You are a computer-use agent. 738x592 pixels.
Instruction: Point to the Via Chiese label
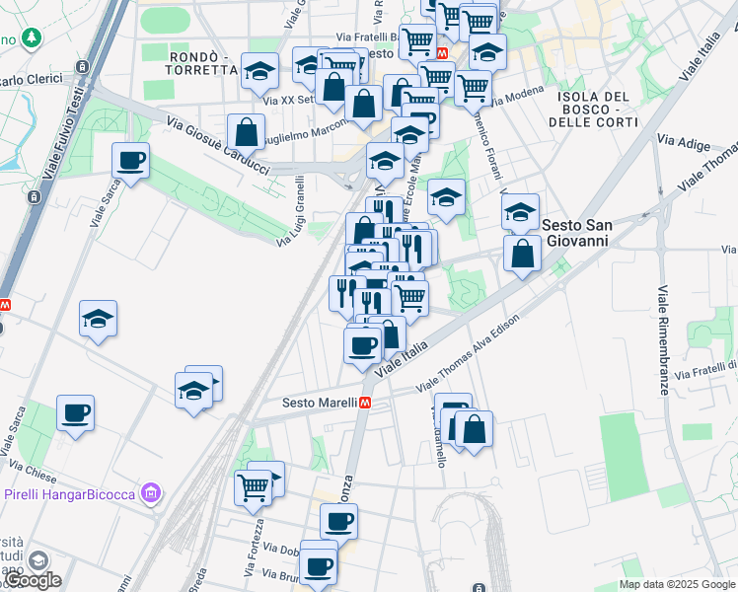click(29, 463)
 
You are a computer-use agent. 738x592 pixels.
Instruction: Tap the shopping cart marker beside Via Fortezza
click(253, 484)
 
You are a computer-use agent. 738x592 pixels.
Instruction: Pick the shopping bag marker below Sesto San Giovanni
click(522, 254)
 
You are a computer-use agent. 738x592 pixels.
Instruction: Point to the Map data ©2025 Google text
click(677, 584)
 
